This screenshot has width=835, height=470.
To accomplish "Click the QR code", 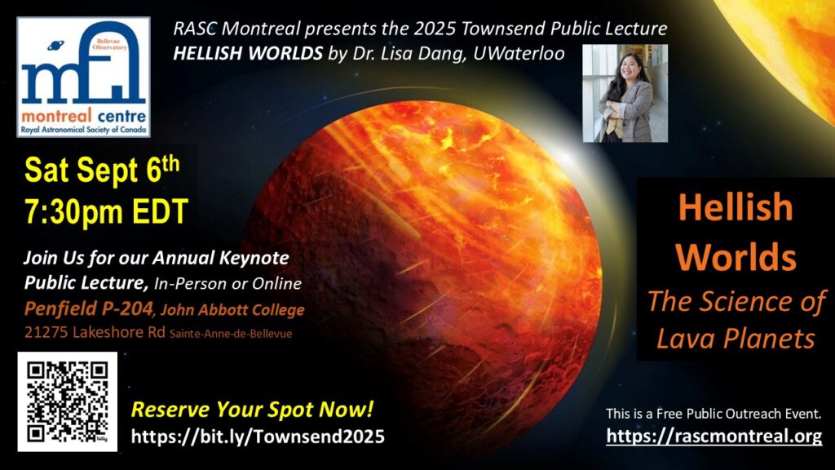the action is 67,401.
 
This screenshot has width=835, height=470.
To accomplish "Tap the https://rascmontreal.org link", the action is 714,436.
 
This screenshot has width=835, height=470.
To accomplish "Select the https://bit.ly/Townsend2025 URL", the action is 258,437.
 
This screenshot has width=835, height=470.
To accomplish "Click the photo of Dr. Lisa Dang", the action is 625,93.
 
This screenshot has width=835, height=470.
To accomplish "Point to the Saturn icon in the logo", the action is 55,47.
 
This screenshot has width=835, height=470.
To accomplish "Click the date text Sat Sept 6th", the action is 102,170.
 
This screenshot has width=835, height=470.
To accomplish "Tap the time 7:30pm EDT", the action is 106,211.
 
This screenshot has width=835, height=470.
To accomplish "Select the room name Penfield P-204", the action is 88,308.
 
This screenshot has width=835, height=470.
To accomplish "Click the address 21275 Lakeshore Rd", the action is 95,332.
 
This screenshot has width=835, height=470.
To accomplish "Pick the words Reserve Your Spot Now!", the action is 253,410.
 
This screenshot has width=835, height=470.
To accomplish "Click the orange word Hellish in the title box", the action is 736,207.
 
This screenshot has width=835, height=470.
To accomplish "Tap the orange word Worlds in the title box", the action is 736,257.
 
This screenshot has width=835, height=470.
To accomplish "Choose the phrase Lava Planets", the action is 736,339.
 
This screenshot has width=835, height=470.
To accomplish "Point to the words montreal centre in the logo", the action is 84,115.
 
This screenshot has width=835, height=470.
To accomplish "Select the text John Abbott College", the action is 232,309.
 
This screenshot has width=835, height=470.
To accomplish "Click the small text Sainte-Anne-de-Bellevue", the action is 231,334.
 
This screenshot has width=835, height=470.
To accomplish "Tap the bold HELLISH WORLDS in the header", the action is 248,54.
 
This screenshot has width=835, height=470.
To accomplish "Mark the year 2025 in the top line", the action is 435,29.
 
